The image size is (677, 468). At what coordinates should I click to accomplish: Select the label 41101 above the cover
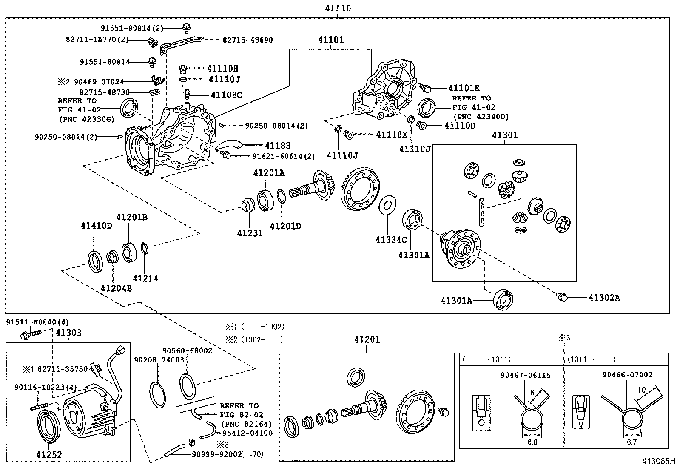[x=330, y=40]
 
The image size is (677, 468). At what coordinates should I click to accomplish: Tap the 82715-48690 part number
[x=247, y=40]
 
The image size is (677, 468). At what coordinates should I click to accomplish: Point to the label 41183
[x=278, y=146]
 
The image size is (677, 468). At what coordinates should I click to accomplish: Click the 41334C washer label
[x=391, y=240]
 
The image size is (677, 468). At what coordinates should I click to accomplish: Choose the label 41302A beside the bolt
[x=604, y=297]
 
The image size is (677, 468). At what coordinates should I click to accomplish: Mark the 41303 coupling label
[x=68, y=333]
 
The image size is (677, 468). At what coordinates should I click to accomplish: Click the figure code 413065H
[x=658, y=461]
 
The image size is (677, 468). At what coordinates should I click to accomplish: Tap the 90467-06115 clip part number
[x=525, y=375]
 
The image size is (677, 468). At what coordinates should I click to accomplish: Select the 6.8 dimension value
[x=532, y=442]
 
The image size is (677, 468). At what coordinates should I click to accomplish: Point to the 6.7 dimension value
[x=631, y=442]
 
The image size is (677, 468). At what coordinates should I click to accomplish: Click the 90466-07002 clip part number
[x=627, y=375]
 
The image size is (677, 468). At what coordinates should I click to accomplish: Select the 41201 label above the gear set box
[x=367, y=339]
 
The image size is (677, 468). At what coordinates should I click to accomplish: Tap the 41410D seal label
[x=97, y=225]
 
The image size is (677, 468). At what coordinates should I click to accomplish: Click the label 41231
[x=250, y=233]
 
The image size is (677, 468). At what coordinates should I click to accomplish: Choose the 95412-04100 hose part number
[x=247, y=433]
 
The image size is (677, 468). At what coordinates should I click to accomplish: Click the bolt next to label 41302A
[x=561, y=296]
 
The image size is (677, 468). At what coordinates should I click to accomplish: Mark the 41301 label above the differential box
[x=505, y=135]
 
